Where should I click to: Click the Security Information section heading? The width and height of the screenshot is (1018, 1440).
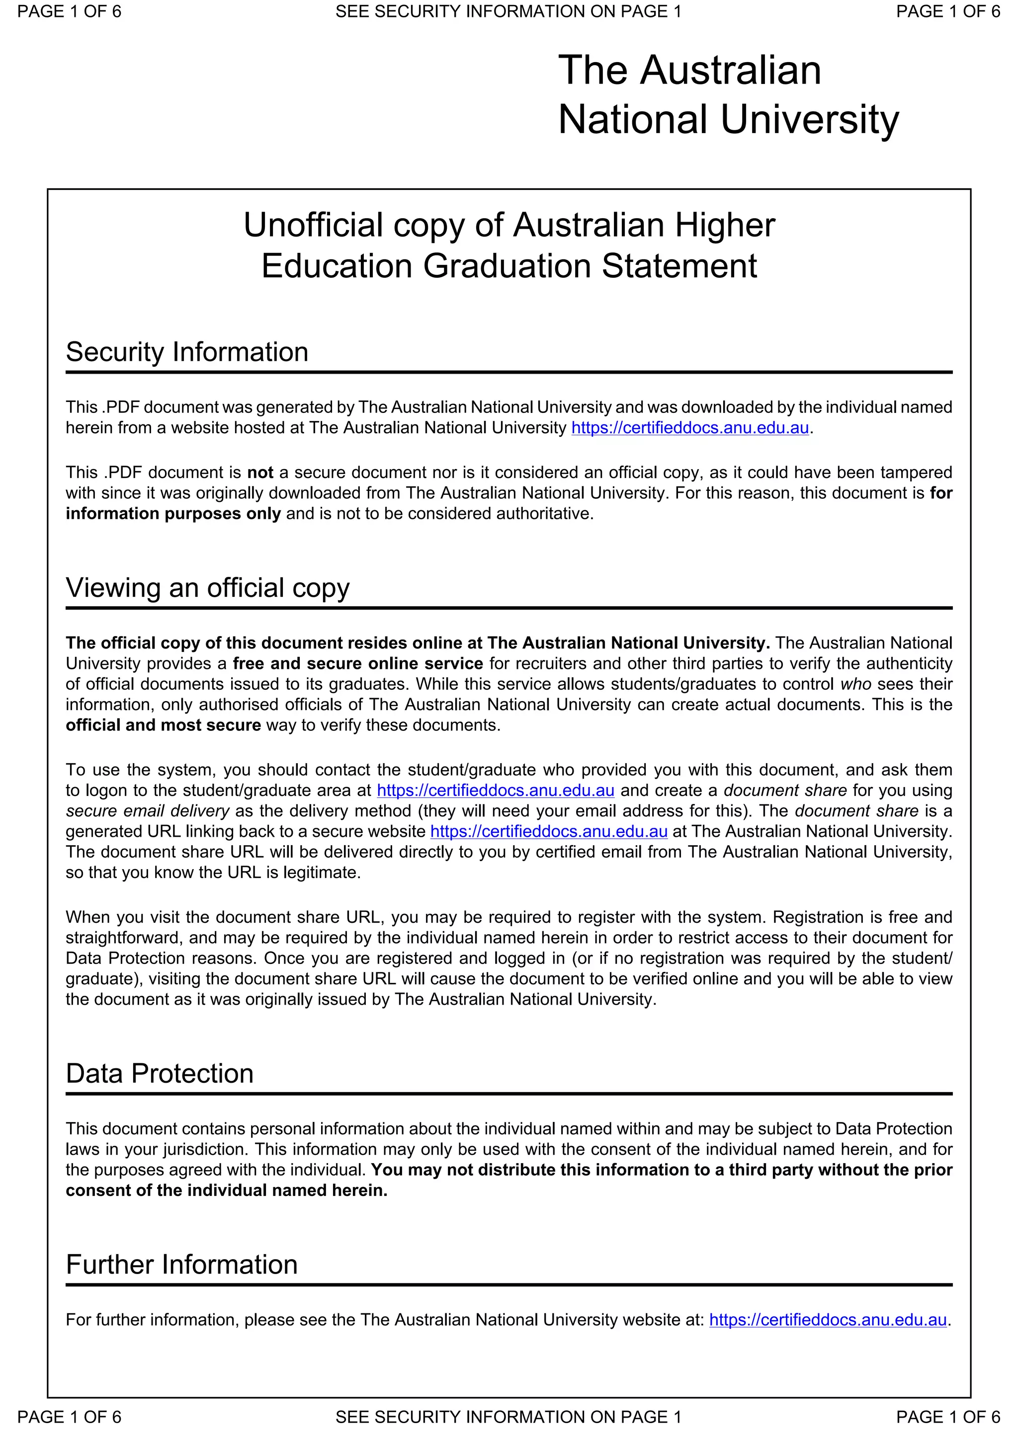pos(187,352)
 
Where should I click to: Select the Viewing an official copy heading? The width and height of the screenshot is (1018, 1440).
pos(208,588)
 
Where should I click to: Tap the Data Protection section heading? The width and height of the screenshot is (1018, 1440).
pos(160,1073)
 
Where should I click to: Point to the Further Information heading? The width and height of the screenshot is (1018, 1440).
pos(181,1265)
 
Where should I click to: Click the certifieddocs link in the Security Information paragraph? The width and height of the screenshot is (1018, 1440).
pos(690,428)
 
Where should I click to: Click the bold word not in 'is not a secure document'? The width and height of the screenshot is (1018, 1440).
pos(259,472)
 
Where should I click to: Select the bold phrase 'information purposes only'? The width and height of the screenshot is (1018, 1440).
pos(173,514)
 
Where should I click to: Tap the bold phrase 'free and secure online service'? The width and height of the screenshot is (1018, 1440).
pos(357,663)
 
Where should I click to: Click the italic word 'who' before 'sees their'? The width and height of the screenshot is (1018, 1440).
pos(855,684)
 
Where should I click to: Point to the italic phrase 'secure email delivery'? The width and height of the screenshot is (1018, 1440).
pos(148,811)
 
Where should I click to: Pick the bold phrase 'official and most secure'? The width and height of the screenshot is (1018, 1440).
pos(163,725)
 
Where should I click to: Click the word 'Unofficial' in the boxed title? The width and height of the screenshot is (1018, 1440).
pos(313,225)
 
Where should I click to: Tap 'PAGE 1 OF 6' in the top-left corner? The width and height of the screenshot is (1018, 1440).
pos(69,11)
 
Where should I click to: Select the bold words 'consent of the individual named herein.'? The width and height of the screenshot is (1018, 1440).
pos(227,1191)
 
